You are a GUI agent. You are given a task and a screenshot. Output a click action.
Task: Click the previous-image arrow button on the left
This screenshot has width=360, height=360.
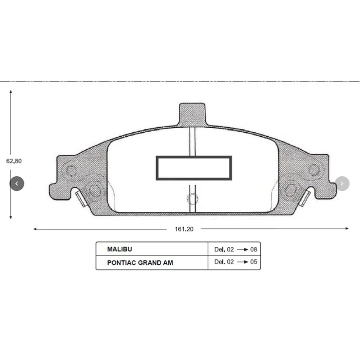tap(17, 184)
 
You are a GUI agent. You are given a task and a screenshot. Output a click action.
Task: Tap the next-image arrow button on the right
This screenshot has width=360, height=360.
tap(342, 184)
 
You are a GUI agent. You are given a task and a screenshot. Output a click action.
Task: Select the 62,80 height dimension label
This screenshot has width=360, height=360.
tap(14, 161)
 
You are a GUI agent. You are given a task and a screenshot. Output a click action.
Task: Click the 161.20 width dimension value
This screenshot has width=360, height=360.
tap(184, 229)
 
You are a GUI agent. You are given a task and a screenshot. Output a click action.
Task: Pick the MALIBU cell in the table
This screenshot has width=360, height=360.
tap(120, 249)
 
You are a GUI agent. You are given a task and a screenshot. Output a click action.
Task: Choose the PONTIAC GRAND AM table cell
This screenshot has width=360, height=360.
tap(140, 262)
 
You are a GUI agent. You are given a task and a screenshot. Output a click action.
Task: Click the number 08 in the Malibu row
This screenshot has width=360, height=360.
tap(254, 249)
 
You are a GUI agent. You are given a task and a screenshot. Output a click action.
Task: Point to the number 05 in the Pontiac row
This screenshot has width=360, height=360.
tap(254, 262)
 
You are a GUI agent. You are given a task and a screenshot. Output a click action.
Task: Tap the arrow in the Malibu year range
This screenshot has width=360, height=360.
tap(243, 249)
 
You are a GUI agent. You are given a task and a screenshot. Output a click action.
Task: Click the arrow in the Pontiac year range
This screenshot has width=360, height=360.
tap(243, 262)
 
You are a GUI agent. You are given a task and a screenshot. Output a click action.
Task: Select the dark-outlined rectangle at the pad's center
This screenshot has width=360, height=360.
tap(194, 168)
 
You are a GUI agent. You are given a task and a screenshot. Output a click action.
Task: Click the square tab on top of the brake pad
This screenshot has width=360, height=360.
tap(192, 113)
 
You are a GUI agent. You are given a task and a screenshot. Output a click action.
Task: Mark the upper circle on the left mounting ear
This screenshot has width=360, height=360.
tap(72, 171)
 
